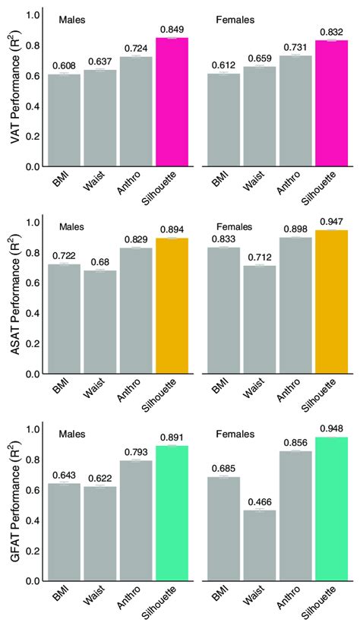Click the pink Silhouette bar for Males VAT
click(x=172, y=102)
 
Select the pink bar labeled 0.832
click(x=331, y=103)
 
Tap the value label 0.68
click(x=99, y=263)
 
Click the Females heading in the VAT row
click(x=234, y=17)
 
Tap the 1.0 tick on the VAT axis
click(x=33, y=15)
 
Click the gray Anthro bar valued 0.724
click(x=136, y=111)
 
